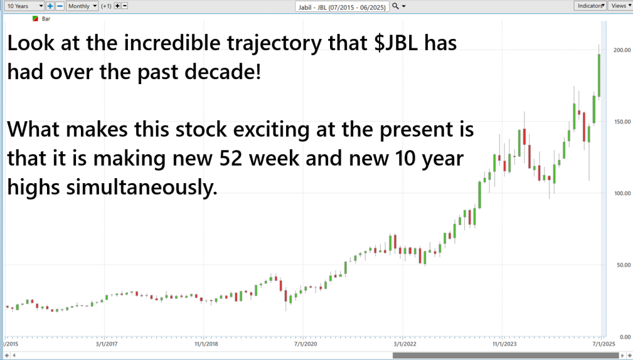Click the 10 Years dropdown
25,6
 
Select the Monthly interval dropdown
82,6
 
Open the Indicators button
590,6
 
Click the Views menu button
621,6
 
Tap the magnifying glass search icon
396,6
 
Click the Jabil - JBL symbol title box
342,7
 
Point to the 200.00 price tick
622,50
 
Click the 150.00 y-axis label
622,122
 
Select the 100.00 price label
622,193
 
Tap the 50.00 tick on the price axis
623,265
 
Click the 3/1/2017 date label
106,344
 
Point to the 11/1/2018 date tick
206,344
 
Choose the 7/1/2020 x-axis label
305,344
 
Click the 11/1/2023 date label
504,344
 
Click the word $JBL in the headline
396,43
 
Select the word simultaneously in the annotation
142,187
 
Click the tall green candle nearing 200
599,75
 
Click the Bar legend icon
35,19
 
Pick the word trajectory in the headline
274,44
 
